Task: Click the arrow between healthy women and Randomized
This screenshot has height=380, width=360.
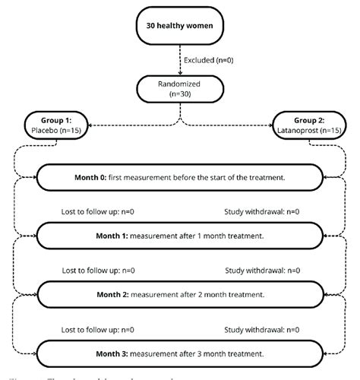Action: pos(179,61)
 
